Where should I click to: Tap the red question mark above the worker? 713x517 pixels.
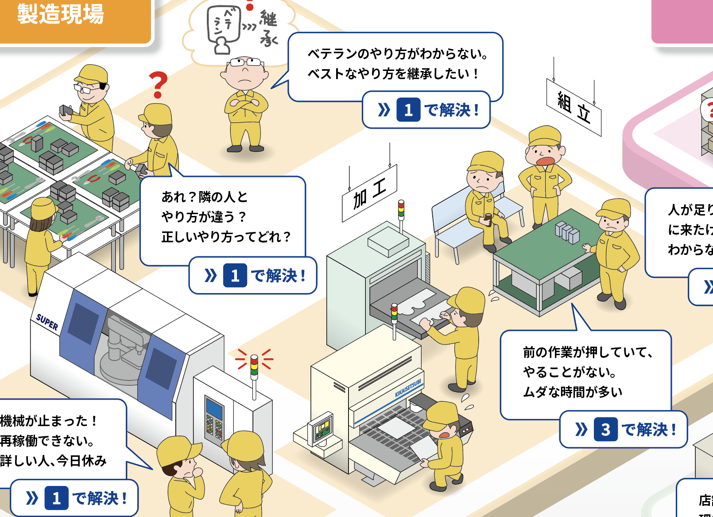(x=158, y=84)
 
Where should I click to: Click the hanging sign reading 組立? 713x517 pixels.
(x=573, y=108)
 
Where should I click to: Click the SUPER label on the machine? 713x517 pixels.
(x=47, y=322)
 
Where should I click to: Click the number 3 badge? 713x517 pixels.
(x=605, y=429)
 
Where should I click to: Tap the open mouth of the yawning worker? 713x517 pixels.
(x=546, y=161)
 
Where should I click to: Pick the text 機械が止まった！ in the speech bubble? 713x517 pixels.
(x=49, y=421)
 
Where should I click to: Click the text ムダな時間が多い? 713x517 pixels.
(x=573, y=392)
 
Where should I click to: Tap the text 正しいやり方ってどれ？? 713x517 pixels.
(x=226, y=237)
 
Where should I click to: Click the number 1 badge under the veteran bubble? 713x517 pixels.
(x=408, y=110)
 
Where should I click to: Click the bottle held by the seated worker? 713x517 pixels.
(x=488, y=218)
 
